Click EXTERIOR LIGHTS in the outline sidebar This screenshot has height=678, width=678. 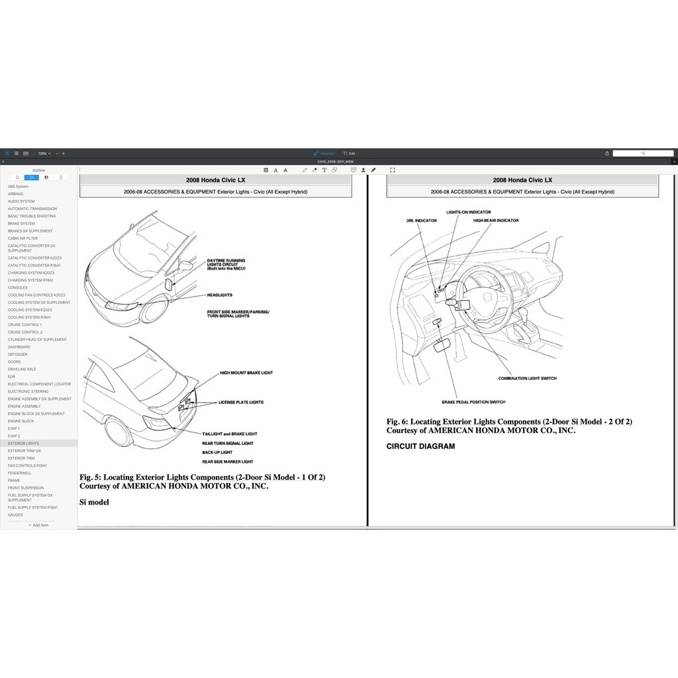coord(24,443)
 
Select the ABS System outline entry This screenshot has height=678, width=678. coord(19,187)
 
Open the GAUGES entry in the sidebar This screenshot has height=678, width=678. coord(16,514)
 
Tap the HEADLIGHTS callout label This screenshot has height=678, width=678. coord(220,295)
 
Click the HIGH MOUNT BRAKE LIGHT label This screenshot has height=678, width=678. coord(246,373)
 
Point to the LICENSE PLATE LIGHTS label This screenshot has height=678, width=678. coord(241,402)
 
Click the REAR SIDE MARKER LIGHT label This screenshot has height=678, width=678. coord(228,461)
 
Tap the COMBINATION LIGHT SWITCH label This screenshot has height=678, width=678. coord(527,379)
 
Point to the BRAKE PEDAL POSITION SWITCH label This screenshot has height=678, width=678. coord(473,402)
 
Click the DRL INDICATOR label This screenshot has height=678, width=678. coord(421,220)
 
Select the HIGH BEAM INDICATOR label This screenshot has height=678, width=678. coord(496,220)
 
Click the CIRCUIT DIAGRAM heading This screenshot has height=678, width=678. coord(420,446)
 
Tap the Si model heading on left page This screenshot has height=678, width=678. coord(94,502)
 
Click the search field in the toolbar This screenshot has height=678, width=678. coord(642,153)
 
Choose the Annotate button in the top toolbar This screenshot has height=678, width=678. coord(324,153)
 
